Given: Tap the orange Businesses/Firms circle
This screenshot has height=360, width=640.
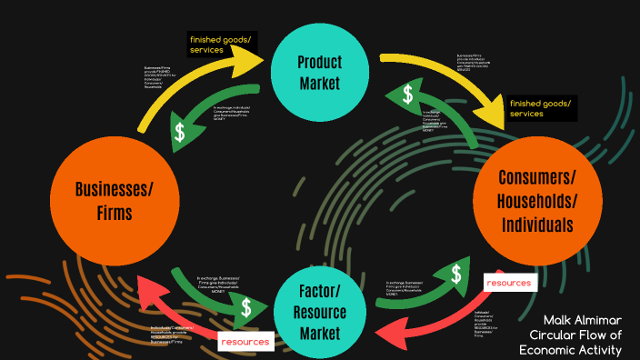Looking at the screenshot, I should (115, 201).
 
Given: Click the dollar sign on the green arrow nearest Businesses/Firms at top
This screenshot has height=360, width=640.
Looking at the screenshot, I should (181, 133).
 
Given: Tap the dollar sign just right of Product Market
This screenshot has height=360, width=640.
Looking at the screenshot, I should (409, 94).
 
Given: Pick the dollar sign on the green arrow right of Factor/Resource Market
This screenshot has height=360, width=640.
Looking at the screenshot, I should (454, 273).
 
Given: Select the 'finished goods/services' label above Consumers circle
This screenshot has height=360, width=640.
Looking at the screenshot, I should (540, 109).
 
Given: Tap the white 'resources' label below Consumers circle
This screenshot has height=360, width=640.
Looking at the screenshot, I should (508, 283).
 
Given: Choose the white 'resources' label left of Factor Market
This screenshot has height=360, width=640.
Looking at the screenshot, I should (245, 341).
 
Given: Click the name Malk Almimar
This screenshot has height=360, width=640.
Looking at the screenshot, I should (583, 320).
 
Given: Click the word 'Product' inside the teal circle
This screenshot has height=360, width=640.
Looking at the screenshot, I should (319, 62).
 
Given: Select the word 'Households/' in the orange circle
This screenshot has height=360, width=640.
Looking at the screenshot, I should (536, 200).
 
